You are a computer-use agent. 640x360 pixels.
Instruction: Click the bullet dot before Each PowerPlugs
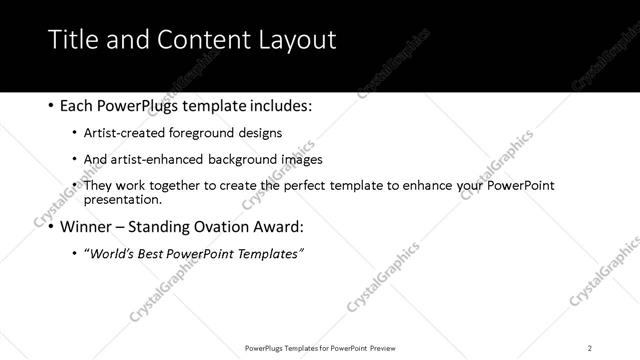(51, 105)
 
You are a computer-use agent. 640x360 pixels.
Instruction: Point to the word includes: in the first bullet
(277, 105)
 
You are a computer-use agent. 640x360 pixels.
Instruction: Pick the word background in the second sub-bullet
(256, 159)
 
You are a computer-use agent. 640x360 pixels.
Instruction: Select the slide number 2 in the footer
(589, 348)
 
